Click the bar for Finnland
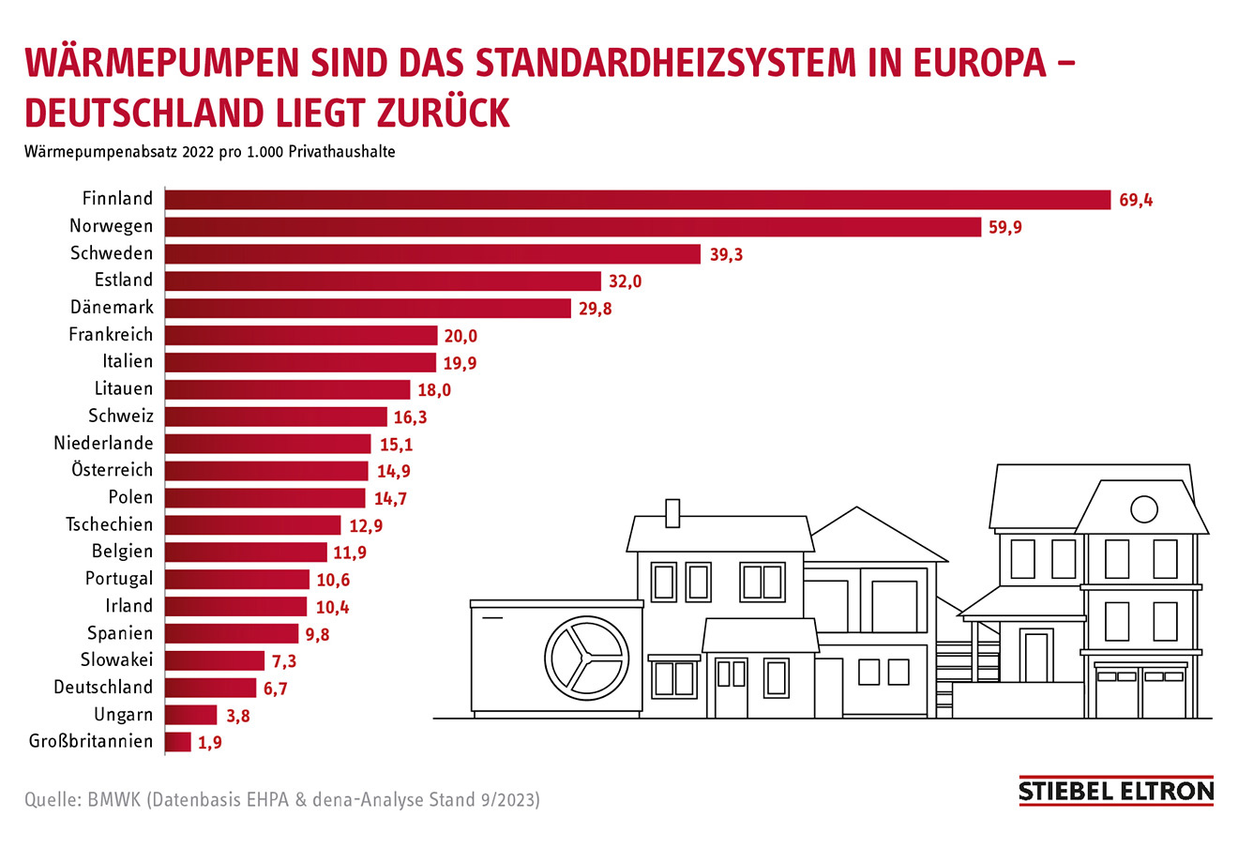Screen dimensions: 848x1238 tap(638, 200)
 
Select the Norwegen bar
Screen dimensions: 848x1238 tap(572, 227)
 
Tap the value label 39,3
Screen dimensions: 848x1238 tap(726, 254)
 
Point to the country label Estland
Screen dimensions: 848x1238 tap(123, 280)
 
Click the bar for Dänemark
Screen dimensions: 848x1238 tap(368, 308)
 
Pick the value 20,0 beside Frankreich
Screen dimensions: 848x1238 tap(460, 336)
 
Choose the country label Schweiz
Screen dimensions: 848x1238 tap(120, 416)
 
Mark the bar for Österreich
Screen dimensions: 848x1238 tap(266, 471)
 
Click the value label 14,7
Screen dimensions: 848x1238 tap(390, 499)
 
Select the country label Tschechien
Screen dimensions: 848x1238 tap(109, 525)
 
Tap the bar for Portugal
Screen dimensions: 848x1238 tap(237, 580)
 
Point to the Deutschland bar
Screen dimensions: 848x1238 tap(210, 689)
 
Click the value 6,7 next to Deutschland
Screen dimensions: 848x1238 tap(275, 689)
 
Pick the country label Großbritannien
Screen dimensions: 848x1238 tap(91, 742)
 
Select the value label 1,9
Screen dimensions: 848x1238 tap(210, 743)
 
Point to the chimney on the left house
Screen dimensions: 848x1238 tap(672, 512)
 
